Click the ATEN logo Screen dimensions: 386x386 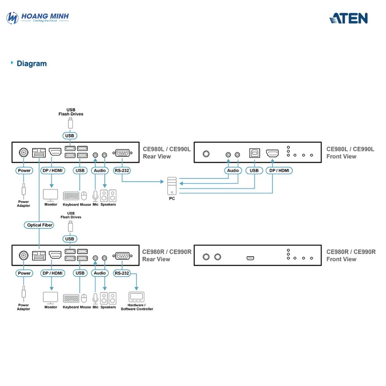[349, 18]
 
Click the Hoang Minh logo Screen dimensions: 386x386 [38, 17]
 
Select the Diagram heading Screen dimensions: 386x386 [31, 64]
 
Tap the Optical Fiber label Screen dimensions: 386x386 [40, 225]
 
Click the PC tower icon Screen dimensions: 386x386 [172, 186]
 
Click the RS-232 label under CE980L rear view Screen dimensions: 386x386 [122, 170]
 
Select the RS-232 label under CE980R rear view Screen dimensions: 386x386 [122, 273]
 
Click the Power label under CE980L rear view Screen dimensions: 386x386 [24, 170]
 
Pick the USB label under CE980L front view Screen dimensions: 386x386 [254, 170]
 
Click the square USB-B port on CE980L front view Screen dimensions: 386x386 [254, 154]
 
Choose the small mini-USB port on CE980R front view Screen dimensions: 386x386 [251, 257]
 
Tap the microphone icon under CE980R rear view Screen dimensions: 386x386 [95, 298]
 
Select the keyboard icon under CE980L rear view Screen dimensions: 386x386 [71, 196]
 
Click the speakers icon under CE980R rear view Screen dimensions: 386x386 [108, 298]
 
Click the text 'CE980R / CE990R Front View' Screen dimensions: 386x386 [350, 256]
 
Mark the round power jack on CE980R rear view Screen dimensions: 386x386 [24, 255]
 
